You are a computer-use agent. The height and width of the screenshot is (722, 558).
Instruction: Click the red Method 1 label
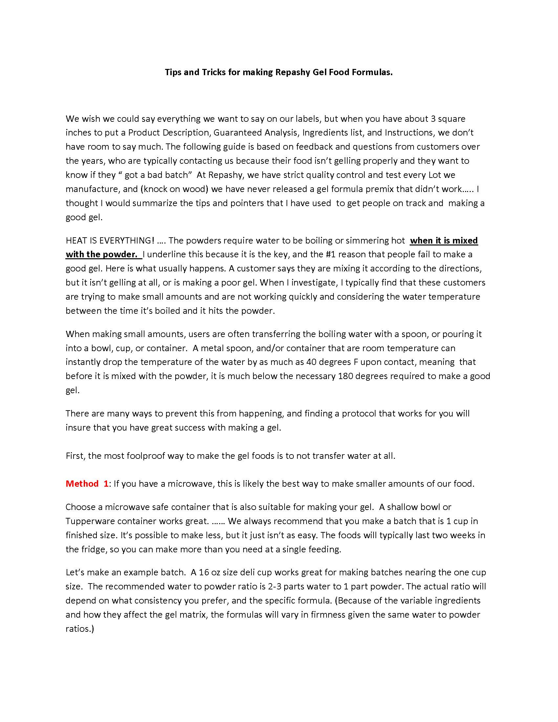pos(87,484)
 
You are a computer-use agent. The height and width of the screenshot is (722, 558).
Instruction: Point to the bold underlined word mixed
pos(465,240)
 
